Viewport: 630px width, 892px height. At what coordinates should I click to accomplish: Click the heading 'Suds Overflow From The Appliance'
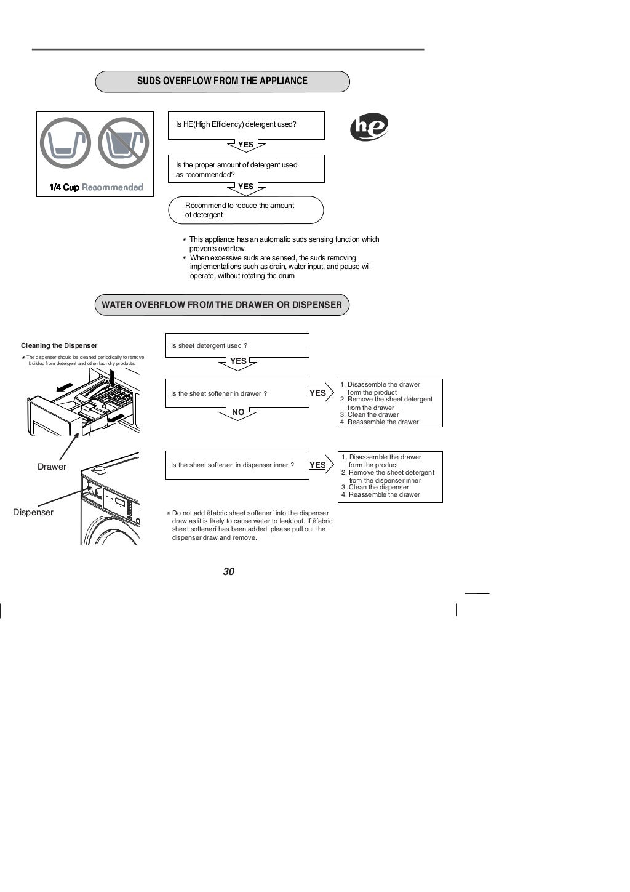222,81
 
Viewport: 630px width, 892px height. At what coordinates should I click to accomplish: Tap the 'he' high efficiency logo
369,127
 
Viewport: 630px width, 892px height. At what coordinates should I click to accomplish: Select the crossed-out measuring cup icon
124,143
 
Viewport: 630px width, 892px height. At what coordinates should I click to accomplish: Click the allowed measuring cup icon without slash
65,143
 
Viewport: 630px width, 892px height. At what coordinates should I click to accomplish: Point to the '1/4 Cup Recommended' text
96,188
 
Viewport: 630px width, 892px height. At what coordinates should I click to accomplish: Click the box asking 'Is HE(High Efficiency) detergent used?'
245,125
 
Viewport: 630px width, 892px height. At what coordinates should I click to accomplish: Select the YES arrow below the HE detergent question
246,145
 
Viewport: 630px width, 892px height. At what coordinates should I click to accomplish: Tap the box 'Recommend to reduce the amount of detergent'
245,210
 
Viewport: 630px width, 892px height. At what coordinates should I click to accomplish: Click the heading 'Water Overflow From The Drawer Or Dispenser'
221,305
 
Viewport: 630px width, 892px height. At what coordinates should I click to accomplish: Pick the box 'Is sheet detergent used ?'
237,345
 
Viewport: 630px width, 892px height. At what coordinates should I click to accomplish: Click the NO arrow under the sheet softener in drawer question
238,413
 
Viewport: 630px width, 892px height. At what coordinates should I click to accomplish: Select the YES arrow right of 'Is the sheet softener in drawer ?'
320,393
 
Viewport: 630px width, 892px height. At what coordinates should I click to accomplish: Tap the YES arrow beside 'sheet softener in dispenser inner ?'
320,465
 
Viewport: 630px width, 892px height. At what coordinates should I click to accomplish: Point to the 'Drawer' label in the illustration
52,467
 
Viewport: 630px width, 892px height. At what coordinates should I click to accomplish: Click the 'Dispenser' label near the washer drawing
33,512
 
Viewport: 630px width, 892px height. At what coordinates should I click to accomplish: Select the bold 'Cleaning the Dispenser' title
59,345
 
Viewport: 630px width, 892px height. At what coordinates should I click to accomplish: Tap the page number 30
229,571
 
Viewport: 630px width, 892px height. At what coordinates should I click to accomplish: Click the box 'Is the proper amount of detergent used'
245,169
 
